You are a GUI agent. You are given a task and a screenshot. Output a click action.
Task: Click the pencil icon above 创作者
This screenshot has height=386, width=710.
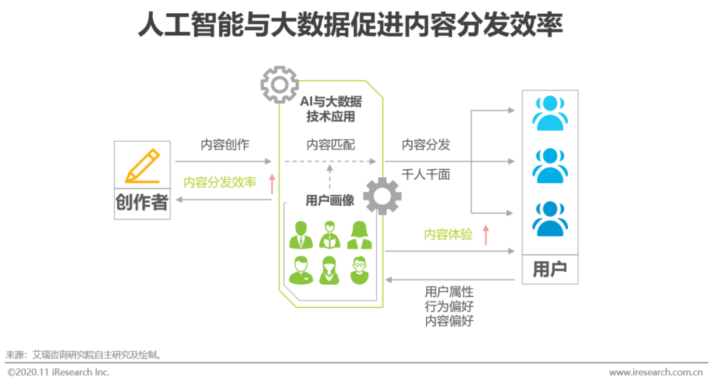tap(142, 166)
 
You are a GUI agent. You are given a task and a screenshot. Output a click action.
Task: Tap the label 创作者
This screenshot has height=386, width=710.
tap(142, 202)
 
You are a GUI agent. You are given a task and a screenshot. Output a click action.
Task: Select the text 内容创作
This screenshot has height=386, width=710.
tap(225, 144)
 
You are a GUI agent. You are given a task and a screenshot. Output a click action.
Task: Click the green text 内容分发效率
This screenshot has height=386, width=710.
tap(220, 182)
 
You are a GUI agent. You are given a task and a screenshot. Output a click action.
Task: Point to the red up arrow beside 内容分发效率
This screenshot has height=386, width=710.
tap(272, 183)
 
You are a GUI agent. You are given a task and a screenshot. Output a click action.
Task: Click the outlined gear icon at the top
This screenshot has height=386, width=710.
tap(279, 84)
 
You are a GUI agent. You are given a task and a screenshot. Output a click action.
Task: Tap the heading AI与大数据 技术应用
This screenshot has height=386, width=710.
tap(331, 110)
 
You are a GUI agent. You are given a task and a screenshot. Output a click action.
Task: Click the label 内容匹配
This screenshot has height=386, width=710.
tap(331, 144)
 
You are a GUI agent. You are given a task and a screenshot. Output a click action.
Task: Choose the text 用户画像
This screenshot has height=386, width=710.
tap(330, 200)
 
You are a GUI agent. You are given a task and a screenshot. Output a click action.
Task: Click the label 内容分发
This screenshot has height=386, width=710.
tap(426, 144)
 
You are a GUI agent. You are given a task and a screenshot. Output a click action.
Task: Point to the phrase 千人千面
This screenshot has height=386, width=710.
tap(426, 175)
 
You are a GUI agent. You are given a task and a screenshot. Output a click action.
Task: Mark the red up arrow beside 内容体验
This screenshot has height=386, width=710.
tap(486, 234)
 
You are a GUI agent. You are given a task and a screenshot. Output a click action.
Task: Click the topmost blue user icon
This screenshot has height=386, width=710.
tap(550, 114)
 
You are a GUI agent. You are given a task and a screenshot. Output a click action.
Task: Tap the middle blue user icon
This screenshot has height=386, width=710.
tap(550, 166)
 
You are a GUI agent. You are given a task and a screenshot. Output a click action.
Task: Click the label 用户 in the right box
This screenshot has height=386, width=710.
tap(550, 269)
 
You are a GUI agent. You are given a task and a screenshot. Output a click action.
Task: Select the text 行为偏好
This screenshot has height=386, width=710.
tap(449, 307)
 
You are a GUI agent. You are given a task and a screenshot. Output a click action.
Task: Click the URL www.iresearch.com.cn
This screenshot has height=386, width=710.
tap(656, 373)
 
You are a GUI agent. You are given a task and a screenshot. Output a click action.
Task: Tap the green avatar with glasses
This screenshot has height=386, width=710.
tap(359, 269)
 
